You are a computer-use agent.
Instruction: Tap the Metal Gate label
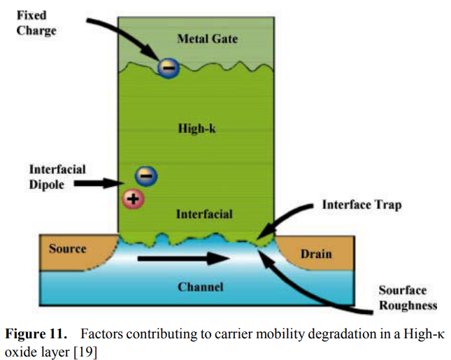point(207,38)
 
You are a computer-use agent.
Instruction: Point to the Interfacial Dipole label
point(57,176)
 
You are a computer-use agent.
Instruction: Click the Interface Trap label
point(361,206)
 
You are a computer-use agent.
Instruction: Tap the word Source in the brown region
point(68,249)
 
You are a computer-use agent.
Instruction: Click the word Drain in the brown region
point(315,254)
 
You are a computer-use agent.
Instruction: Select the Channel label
point(201,287)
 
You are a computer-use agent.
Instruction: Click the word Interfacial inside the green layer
point(205,213)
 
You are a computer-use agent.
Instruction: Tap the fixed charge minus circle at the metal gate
point(168,68)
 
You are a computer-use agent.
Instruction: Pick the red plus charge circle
point(132,199)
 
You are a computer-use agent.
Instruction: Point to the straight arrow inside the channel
point(185,259)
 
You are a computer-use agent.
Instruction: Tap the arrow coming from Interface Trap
point(287,221)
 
